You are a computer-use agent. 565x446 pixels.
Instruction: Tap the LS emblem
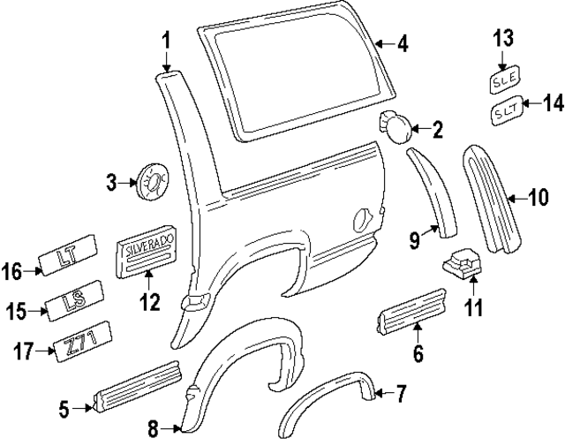point(74,303)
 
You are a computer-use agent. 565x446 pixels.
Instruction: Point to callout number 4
point(402,43)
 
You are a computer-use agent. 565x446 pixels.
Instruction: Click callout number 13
point(502,38)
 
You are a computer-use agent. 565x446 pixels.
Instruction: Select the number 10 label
point(538,198)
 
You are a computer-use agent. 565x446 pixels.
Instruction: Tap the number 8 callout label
point(153,429)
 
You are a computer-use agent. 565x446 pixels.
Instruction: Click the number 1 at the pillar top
point(166,41)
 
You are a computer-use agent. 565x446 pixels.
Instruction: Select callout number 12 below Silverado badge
point(149,303)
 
